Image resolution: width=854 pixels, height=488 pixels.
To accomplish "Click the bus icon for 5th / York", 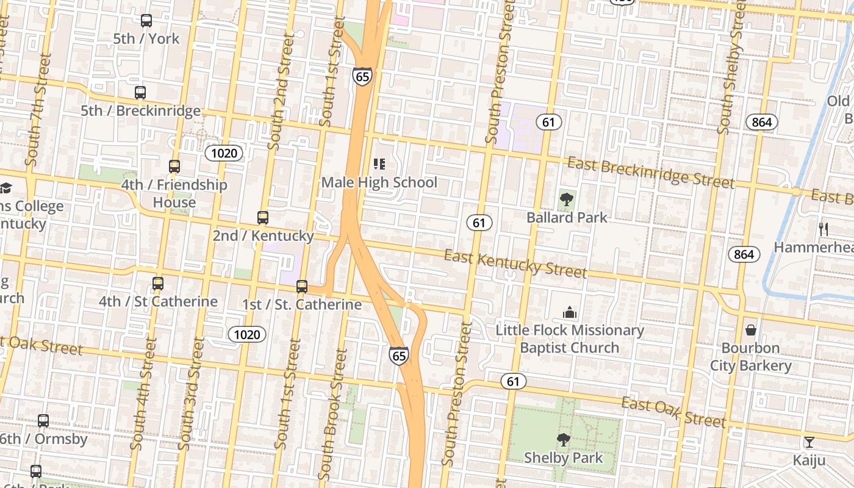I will tap(146, 21).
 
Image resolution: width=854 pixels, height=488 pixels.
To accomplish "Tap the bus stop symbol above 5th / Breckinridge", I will tap(140, 93).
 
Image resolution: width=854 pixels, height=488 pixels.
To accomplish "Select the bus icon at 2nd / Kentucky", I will tap(263, 218).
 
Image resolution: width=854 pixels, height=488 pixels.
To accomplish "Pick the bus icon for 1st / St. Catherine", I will tap(302, 287).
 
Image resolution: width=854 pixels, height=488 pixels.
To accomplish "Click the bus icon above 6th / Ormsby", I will tap(43, 421).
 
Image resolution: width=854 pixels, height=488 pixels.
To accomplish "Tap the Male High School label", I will tap(379, 182).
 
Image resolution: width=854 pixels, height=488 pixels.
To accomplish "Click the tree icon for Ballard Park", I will tap(567, 199).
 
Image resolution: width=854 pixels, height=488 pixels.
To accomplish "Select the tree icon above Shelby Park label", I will tap(563, 439).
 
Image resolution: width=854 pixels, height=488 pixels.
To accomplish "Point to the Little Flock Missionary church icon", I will tap(570, 313).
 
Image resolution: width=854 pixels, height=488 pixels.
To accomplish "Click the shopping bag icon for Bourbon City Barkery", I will tap(751, 330).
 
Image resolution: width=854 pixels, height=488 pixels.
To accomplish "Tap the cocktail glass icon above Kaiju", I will tap(809, 442).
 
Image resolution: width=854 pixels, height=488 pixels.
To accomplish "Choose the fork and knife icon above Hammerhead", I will tap(823, 229).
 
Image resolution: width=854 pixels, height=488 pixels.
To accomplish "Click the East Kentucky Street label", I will tap(515, 264).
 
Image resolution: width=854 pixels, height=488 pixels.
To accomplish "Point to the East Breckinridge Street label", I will tap(650, 173).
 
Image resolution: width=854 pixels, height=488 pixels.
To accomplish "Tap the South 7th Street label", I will tap(37, 110).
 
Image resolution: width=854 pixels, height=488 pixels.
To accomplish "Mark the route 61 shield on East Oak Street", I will tap(513, 382).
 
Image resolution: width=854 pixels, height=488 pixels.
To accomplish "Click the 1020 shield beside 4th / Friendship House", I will tap(224, 152).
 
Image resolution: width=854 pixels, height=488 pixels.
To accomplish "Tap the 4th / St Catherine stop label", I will tap(158, 301).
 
